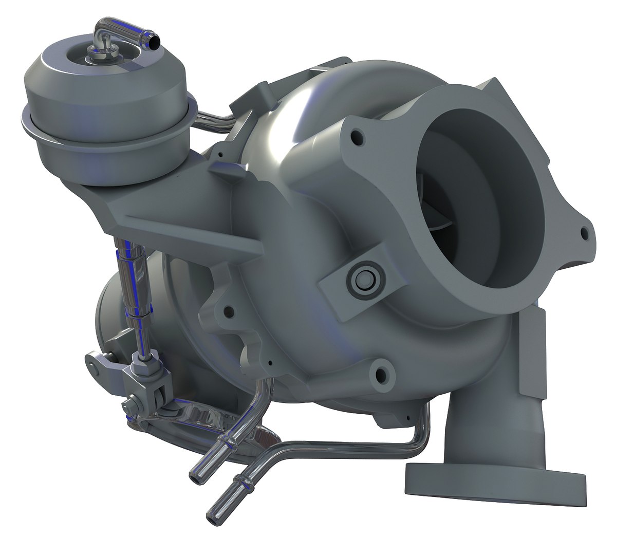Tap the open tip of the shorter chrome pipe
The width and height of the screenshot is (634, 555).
pos(196,476)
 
